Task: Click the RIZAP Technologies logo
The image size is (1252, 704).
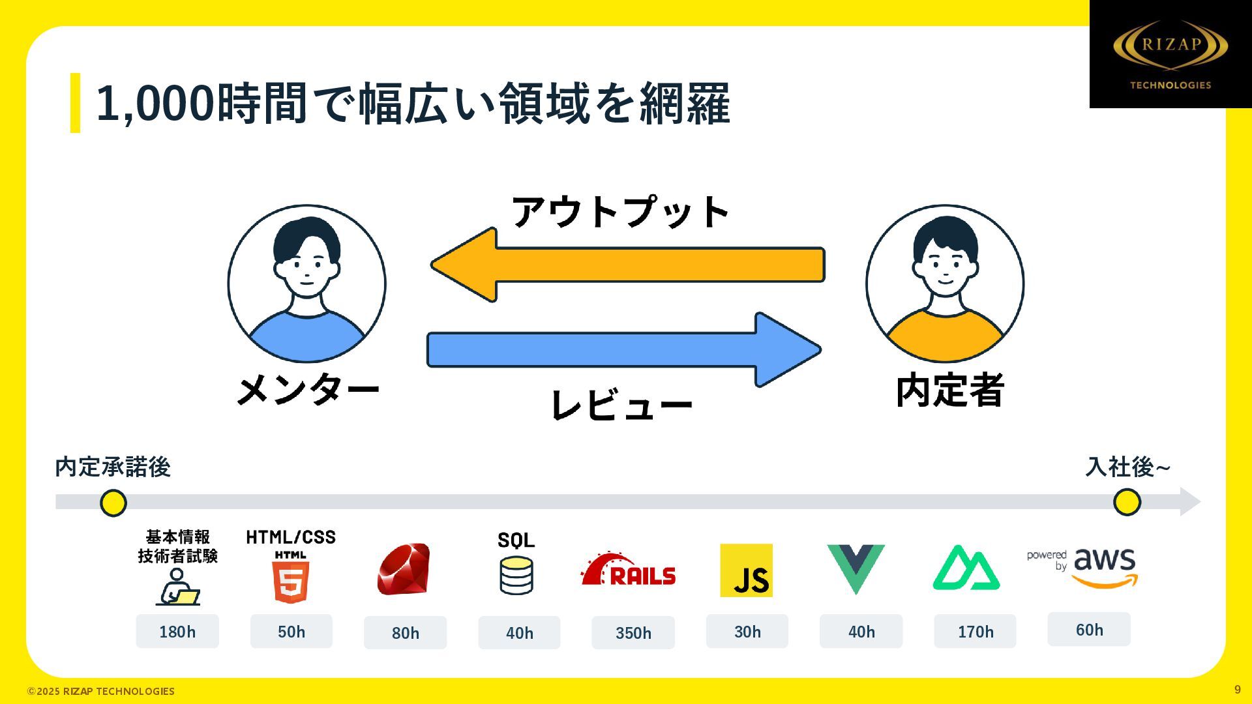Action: click(1170, 54)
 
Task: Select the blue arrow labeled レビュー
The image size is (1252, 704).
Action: click(623, 349)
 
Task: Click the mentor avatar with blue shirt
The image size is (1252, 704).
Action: click(306, 284)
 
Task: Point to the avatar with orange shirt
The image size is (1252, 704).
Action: click(945, 284)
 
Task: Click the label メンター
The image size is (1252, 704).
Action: click(308, 390)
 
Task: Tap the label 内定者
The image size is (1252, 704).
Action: click(949, 390)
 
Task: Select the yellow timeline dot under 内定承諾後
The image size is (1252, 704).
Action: click(113, 503)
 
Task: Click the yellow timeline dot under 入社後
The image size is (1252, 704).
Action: click(1127, 503)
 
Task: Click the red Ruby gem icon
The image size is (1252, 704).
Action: click(404, 569)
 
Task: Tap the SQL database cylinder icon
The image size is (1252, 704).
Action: click(516, 576)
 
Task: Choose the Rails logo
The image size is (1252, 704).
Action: click(629, 570)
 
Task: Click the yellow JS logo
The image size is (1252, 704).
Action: click(746, 570)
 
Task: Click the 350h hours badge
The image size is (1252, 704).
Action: click(633, 633)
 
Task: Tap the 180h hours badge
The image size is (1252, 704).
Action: click(177, 632)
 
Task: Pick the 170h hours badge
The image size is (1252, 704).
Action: click(975, 632)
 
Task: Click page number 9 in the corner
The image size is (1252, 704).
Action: click(1237, 690)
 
